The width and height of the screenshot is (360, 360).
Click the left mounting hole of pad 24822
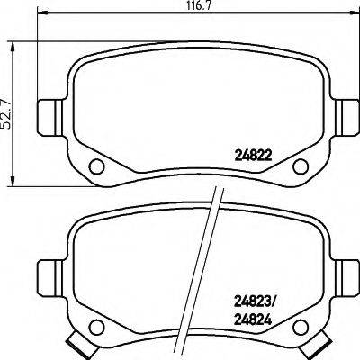pyautogui.click(x=95, y=165)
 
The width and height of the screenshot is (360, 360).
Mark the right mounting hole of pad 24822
pyautogui.click(x=303, y=165)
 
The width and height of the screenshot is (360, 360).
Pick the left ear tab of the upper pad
pyautogui.click(x=48, y=114)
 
